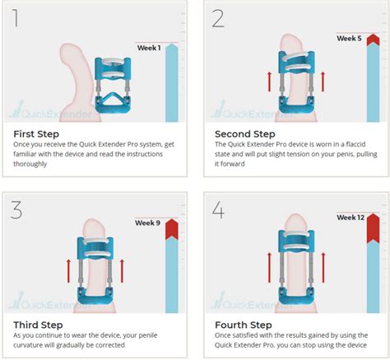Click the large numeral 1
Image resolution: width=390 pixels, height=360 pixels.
[x=16, y=18]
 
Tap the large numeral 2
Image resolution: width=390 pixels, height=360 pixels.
[x=218, y=18]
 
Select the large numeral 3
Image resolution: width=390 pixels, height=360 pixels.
[x=16, y=210]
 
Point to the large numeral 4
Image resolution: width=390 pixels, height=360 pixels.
[x=219, y=210]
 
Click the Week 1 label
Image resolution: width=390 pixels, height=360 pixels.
[x=149, y=48]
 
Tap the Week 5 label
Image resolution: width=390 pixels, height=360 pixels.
[x=349, y=39]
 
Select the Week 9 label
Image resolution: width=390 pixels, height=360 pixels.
[x=147, y=223]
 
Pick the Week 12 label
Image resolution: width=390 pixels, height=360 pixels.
[x=351, y=218]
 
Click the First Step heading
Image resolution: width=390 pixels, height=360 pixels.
[x=36, y=134]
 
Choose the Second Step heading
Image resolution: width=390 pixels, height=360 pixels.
[x=245, y=134]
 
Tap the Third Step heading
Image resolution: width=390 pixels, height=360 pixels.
[x=38, y=325]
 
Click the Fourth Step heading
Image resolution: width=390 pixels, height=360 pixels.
[x=244, y=325]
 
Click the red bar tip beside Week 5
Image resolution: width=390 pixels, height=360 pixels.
[x=374, y=39]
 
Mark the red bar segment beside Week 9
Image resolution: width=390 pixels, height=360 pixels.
[x=172, y=229]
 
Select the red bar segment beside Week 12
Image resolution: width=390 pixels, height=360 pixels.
[x=374, y=228]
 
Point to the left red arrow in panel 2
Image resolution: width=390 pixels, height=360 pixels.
[x=269, y=81]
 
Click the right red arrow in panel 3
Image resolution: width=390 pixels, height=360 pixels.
[x=122, y=271]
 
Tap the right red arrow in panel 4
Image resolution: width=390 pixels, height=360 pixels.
[x=323, y=267]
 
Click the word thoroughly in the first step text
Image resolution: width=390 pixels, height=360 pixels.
[x=30, y=164]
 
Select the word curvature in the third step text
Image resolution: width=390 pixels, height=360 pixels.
[x=28, y=345]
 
